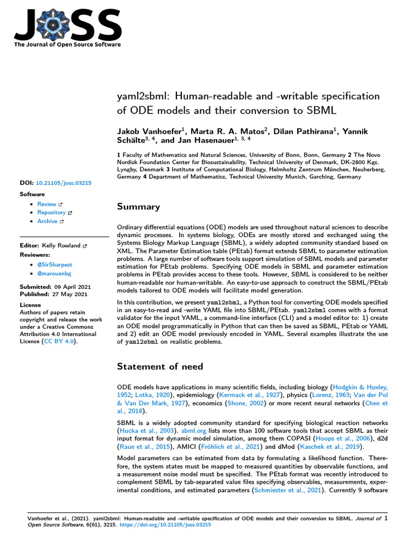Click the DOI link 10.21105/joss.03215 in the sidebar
coord(64,183)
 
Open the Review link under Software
coord(47,204)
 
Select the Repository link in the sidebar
coord(51,213)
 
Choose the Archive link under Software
coord(47,221)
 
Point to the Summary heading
coord(138,207)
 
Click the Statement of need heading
coord(160,366)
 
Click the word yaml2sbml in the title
coord(140,96)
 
